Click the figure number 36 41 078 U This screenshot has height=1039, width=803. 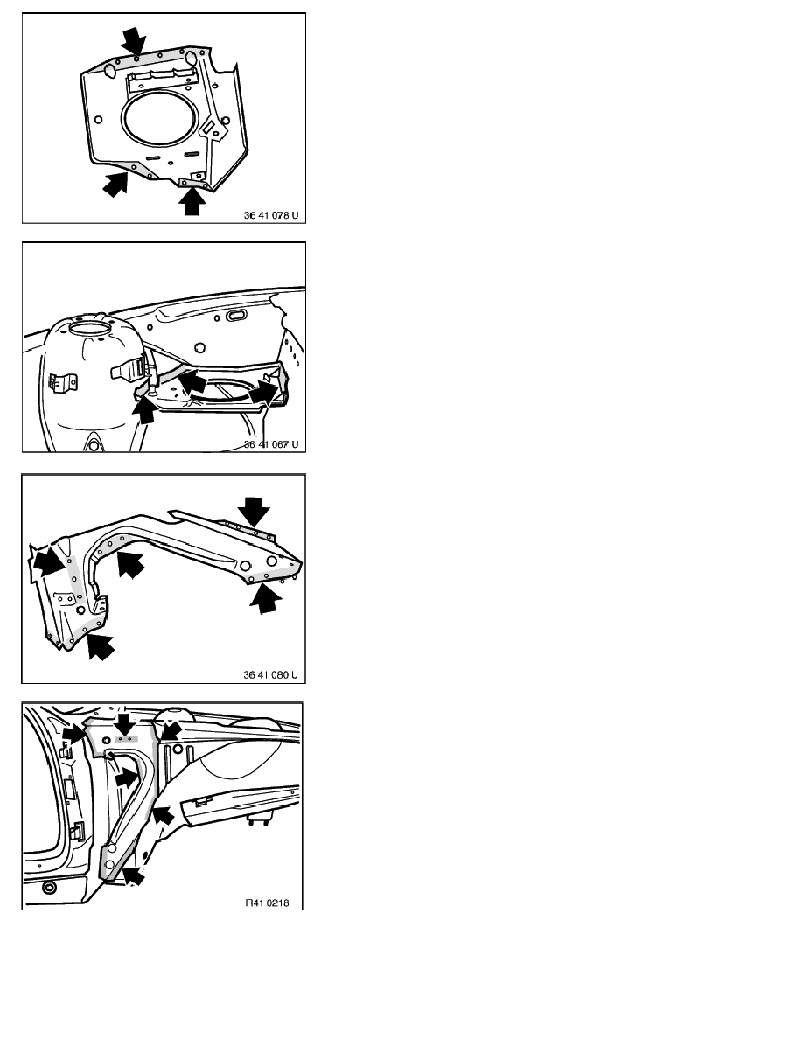tap(270, 215)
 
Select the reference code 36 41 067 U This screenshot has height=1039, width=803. tap(270, 444)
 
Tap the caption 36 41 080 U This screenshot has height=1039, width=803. tap(270, 674)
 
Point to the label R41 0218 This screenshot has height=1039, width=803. tap(267, 903)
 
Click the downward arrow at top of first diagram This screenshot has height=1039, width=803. tap(135, 40)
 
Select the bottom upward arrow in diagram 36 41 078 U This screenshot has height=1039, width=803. tap(192, 201)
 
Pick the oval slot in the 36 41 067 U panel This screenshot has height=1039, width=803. tap(236, 316)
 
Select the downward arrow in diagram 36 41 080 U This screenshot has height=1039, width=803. tap(254, 512)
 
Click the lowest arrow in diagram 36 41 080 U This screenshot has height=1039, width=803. tap(100, 646)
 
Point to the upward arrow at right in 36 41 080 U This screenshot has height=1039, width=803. tap(266, 600)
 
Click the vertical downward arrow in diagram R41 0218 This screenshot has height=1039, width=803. tap(124, 722)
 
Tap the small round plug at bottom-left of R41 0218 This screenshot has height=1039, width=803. tap(48, 888)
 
